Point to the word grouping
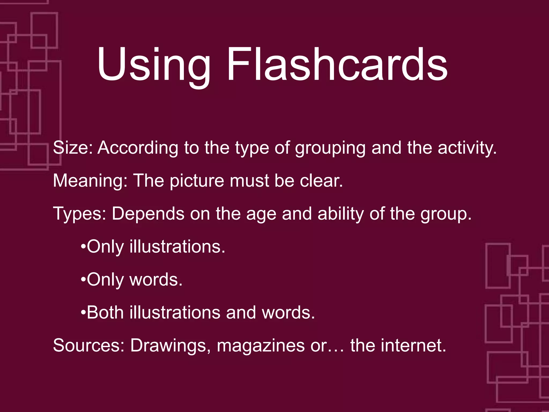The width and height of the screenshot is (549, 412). [330, 148]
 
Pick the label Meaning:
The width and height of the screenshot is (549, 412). [90, 181]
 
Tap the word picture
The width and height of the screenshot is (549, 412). [197, 181]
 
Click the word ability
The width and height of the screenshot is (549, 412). [340, 214]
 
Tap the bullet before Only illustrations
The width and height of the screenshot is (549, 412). [83, 247]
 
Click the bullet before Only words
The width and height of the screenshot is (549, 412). [83, 280]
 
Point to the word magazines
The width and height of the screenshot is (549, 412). [261, 345]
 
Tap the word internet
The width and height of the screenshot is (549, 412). [413, 345]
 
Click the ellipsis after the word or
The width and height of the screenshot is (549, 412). [336, 350]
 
